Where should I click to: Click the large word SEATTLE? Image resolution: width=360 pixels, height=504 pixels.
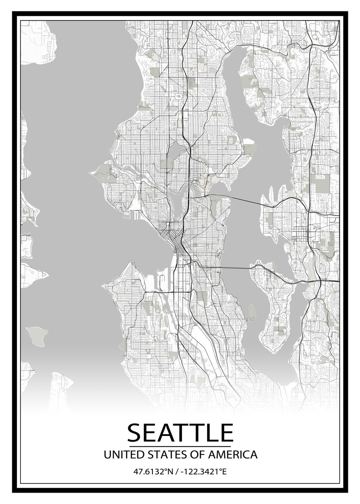tap(180, 433)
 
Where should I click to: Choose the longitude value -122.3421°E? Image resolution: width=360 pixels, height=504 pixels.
tap(203, 472)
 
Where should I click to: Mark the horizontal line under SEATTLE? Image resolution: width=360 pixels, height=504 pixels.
tap(180, 446)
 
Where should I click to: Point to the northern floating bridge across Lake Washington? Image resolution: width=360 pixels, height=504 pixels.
tap(235, 199)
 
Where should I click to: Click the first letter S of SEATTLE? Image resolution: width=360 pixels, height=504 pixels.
tap(136, 433)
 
